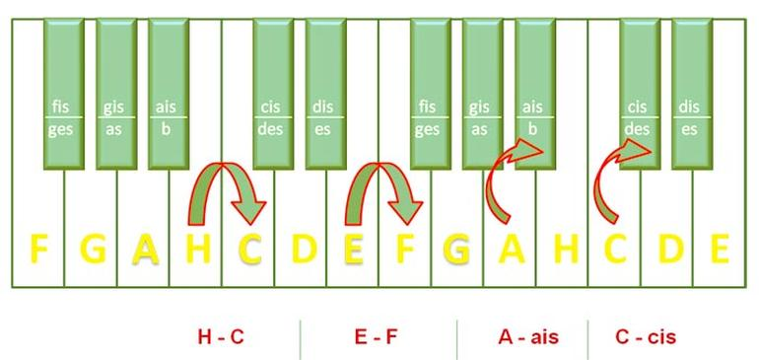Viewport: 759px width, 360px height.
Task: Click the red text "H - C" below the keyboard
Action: coord(221,336)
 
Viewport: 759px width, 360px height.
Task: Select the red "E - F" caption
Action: coord(377,336)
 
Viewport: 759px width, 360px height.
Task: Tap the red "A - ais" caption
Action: coord(528,336)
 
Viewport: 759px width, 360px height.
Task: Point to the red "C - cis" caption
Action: coord(646,336)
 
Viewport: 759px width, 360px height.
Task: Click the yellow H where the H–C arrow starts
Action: coord(198,249)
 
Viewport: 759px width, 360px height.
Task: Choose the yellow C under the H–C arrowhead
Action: coord(250,249)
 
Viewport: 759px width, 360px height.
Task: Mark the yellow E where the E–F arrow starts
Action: coord(354,249)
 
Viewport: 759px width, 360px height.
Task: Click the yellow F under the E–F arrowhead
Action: coord(406,249)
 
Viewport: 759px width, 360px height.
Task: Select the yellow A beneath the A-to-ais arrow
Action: coord(512,249)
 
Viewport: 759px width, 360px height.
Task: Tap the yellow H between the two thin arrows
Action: coord(566,249)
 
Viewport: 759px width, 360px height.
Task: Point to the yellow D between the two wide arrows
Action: coord(304,249)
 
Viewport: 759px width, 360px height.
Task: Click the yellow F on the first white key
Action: coord(38,249)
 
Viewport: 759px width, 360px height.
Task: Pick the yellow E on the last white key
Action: coord(720,249)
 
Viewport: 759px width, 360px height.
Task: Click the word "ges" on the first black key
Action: coord(60,130)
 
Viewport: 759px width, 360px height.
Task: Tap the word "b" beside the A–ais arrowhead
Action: coord(532,129)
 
